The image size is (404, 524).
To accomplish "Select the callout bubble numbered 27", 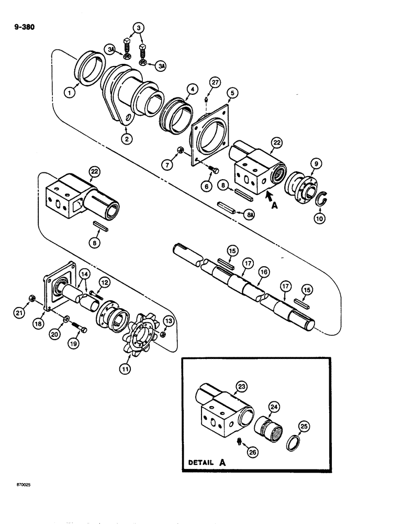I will [215, 82].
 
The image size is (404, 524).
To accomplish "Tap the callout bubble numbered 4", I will [179, 89].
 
